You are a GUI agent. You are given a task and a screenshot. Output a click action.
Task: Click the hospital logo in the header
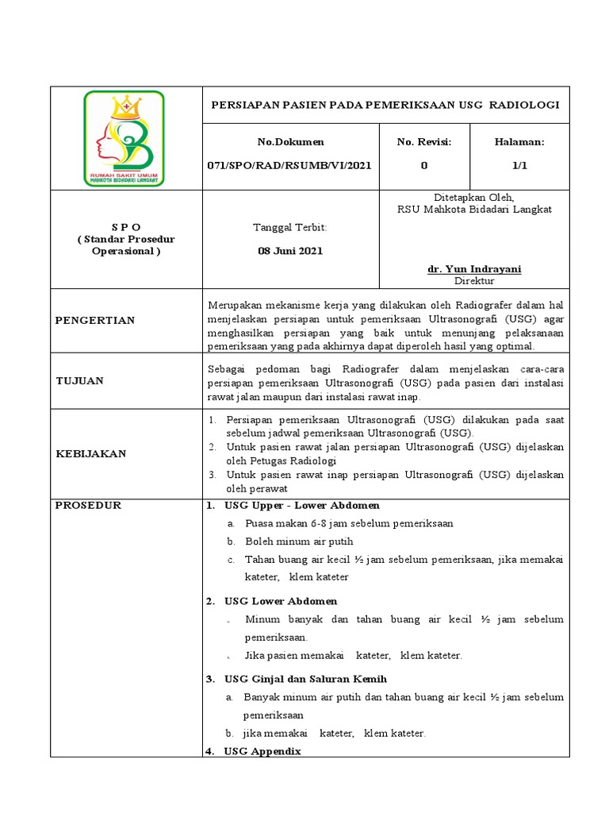pos(124,138)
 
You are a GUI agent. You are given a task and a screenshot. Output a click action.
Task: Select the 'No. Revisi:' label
pos(424,142)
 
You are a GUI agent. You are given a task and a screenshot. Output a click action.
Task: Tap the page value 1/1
pos(519,166)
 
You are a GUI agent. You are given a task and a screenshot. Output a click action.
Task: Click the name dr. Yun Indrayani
pos(474,269)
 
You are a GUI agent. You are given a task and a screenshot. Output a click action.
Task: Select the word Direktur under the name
pos(474,281)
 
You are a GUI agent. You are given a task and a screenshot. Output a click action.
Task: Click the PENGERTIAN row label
pos(94,321)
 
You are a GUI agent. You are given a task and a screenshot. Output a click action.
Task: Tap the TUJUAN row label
pos(79,381)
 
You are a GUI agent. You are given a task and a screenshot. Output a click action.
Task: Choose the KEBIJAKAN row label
pos(90,453)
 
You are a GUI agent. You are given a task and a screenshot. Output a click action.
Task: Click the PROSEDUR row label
pos(88,506)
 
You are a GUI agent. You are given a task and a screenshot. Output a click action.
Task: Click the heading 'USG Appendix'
pos(262,751)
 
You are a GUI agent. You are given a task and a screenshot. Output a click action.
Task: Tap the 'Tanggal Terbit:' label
pos(289,228)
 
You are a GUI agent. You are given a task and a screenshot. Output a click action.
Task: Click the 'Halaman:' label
pos(519,142)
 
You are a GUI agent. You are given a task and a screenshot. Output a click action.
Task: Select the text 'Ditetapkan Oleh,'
pos(474,198)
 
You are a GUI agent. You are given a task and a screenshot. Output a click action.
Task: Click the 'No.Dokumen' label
pos(290,142)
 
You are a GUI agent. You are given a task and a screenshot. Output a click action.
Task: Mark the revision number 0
pos(424,166)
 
